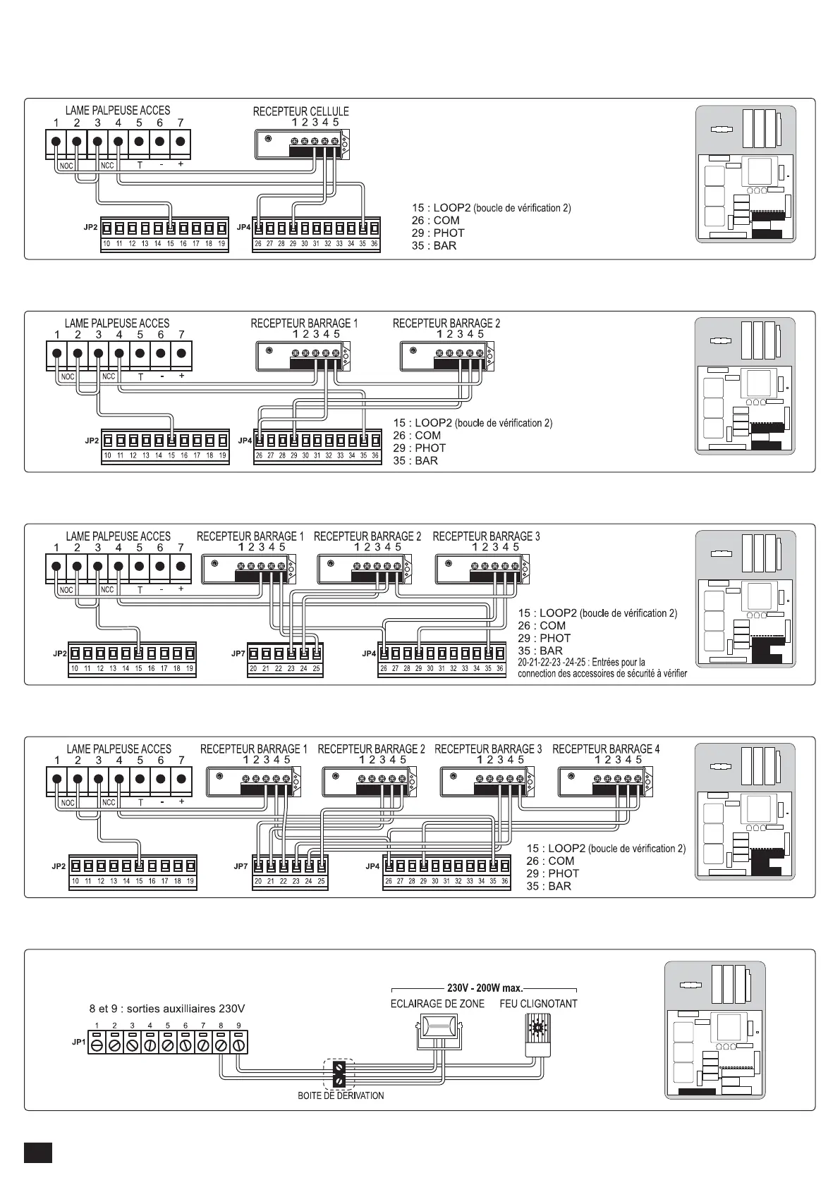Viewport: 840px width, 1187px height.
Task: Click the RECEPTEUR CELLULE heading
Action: coord(300,111)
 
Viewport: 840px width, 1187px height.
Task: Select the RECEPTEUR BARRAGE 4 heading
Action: coord(606,749)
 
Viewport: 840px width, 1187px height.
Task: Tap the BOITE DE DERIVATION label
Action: coord(341,1095)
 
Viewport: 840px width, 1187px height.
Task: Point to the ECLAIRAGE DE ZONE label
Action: coord(437,1003)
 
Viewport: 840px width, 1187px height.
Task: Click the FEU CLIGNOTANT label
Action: coord(538,1003)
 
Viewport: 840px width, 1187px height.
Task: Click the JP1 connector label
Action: coord(79,1041)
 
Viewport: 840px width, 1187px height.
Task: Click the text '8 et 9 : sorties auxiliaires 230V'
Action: coord(167,1009)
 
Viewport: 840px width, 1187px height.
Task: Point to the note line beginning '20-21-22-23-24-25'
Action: coord(581,663)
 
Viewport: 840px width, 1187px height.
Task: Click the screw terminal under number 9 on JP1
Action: coord(238,1045)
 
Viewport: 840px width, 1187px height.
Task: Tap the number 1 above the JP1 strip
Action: coord(97,1025)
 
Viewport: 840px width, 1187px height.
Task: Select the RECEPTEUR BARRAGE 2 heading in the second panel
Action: coord(446,324)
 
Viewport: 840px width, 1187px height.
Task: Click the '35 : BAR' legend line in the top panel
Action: coord(434,245)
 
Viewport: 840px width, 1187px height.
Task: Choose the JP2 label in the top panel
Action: coord(91,228)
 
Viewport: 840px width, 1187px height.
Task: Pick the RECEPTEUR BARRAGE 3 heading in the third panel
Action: coord(486,536)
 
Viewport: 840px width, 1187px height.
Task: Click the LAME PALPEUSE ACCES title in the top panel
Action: coord(118,111)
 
